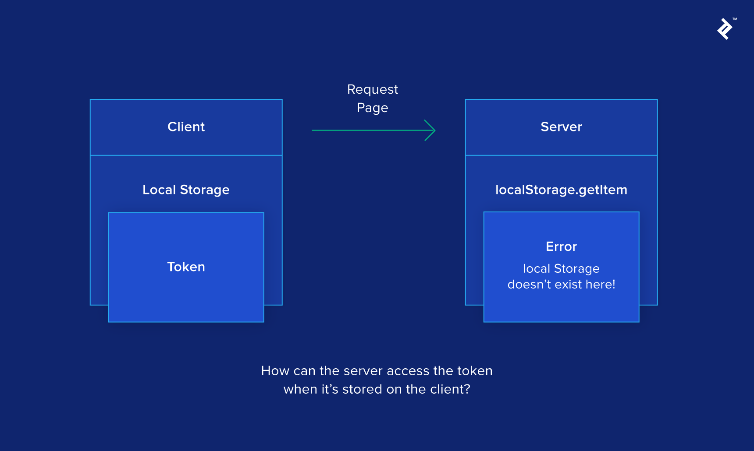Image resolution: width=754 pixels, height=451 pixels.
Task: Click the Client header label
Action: tap(186, 127)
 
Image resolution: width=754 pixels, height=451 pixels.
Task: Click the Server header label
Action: tap(561, 127)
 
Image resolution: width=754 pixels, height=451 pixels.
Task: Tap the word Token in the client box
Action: tap(186, 267)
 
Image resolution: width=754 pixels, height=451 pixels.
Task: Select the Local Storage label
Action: tap(186, 190)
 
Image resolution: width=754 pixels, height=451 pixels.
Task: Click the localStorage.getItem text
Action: tap(561, 190)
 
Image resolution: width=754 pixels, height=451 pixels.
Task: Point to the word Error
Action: tap(561, 247)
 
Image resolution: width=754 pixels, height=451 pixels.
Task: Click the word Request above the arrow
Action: tap(372, 89)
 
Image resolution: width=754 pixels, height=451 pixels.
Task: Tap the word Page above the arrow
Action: tap(372, 108)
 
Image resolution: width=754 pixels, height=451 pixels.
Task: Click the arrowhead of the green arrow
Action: tap(432, 130)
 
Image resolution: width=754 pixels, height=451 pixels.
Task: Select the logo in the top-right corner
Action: tap(725, 29)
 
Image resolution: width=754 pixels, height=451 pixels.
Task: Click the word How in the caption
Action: tap(275, 371)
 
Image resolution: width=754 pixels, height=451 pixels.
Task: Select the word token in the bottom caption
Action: tap(475, 371)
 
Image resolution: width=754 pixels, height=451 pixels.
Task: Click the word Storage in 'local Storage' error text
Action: tap(576, 269)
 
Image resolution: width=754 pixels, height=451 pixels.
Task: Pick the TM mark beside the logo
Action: tap(735, 19)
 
